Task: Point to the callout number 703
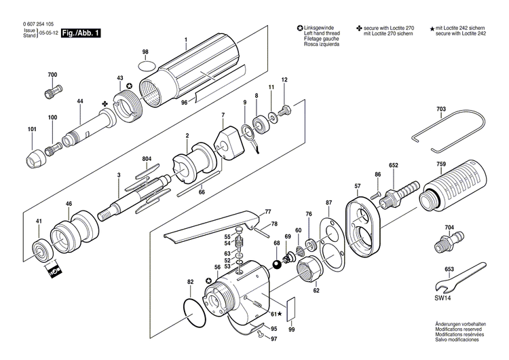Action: coord(441,109)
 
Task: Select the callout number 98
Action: coord(145,52)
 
